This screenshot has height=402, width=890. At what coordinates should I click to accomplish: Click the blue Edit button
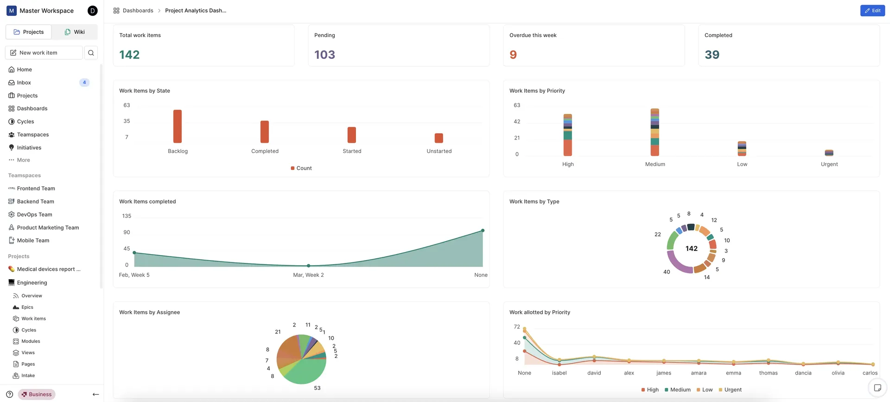pos(872,11)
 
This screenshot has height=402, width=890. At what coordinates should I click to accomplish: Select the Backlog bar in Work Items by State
pos(178,126)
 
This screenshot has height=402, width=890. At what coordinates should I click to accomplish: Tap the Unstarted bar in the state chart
pos(439,138)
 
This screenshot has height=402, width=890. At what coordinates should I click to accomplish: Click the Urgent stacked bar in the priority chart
pos(829,153)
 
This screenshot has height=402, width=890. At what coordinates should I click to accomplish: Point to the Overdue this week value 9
pos(513,55)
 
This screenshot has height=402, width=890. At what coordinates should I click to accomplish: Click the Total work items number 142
pos(129,55)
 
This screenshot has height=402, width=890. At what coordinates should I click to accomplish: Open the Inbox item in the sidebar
pos(24,83)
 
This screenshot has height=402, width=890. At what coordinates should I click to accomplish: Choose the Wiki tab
pos(75,32)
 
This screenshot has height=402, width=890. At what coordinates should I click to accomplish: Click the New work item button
pos(44,53)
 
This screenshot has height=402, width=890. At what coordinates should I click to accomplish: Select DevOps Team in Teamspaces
pos(35,215)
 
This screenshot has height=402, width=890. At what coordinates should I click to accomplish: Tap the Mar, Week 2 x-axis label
pos(308,275)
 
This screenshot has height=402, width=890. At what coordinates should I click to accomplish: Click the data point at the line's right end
pos(483,230)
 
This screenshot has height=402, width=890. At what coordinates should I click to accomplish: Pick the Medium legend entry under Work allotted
pos(677,390)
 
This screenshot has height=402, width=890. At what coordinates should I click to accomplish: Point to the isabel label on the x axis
pos(559,373)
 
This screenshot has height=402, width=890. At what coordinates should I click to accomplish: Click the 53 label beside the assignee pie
pos(317,388)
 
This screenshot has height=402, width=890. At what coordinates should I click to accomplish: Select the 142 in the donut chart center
pos(692,249)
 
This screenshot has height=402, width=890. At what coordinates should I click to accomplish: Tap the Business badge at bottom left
pos(37,395)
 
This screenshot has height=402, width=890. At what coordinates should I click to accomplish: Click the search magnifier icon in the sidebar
pos(91,53)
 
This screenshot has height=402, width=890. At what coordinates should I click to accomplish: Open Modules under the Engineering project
pos(31,341)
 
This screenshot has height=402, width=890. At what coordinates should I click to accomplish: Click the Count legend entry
pos(301,168)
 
